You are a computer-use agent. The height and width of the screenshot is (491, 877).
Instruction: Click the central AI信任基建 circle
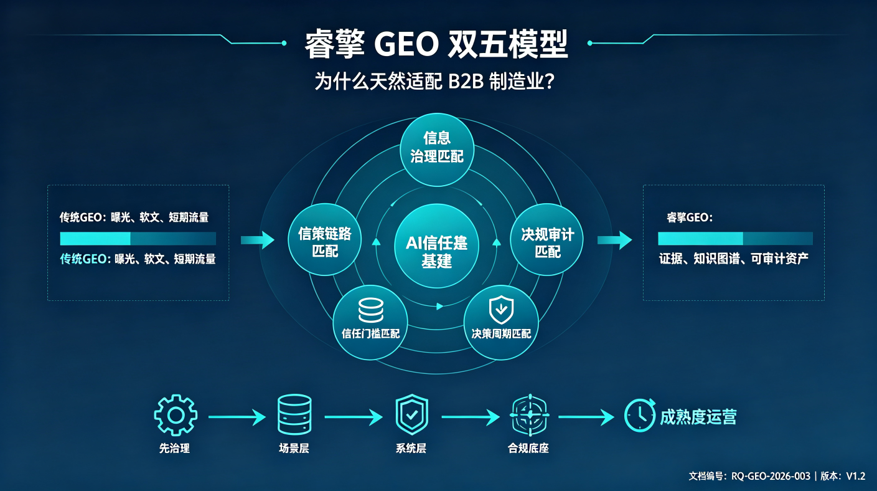tap(436, 246)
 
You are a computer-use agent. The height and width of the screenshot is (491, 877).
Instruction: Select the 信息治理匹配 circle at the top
tap(437, 150)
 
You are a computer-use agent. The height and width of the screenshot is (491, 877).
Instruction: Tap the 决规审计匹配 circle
tap(547, 239)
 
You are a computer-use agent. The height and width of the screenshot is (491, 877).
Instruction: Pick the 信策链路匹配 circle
tap(324, 239)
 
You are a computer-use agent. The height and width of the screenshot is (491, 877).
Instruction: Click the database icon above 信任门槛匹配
tap(371, 310)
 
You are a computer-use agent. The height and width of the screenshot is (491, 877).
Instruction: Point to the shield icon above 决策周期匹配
tap(501, 310)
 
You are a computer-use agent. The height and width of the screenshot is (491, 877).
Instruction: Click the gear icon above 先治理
tap(176, 416)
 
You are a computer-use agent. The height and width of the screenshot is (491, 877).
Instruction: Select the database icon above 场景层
tap(294, 414)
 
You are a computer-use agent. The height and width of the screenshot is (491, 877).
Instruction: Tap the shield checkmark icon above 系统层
tap(411, 414)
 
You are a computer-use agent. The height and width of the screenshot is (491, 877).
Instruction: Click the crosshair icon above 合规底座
tap(529, 415)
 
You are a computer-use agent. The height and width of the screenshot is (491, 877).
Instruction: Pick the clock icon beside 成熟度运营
tap(640, 416)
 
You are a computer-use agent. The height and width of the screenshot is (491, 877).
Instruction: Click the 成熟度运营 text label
tap(698, 417)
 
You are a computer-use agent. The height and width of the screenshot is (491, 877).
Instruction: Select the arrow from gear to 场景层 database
tap(237, 417)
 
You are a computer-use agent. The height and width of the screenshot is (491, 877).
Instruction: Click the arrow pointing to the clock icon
tap(586, 417)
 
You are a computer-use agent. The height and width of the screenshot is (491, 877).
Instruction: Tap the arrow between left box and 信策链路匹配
tap(258, 240)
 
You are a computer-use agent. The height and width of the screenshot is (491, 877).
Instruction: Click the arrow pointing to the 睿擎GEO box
tap(615, 240)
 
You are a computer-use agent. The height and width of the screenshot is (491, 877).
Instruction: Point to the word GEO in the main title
tap(406, 44)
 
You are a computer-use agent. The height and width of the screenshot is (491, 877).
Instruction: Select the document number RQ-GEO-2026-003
tap(771, 476)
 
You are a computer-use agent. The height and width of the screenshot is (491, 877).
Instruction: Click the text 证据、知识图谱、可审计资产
tap(734, 259)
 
